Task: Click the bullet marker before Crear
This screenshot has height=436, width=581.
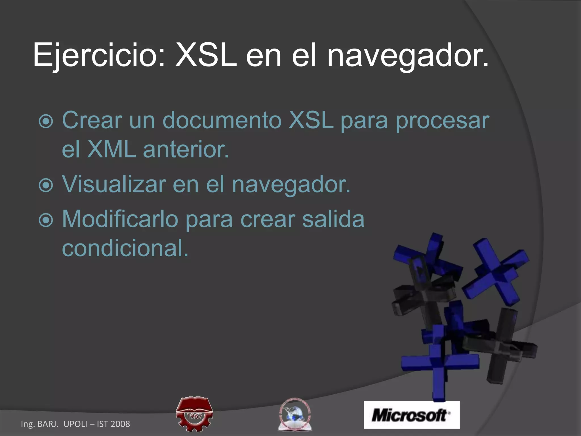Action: pyautogui.click(x=46, y=121)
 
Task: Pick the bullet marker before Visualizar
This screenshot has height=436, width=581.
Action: pyautogui.click(x=46, y=185)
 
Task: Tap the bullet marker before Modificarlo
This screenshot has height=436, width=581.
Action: pyautogui.click(x=46, y=220)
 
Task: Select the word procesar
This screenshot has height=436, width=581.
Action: pyautogui.click(x=443, y=121)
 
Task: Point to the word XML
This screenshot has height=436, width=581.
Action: pyautogui.click(x=111, y=149)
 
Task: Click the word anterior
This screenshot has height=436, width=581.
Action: pyautogui.click(x=186, y=149)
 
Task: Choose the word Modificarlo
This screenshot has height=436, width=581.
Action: pyautogui.click(x=120, y=219)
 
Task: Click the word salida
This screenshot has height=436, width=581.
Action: pyautogui.click(x=333, y=219)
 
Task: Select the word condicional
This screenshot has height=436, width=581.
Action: pyautogui.click(x=125, y=248)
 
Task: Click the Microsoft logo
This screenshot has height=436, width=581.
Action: pyautogui.click(x=411, y=415)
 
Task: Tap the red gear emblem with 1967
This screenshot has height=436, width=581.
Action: pyautogui.click(x=194, y=414)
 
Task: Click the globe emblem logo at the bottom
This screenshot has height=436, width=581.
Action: pyautogui.click(x=294, y=415)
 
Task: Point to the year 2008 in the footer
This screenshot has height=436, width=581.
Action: pyautogui.click(x=120, y=424)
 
